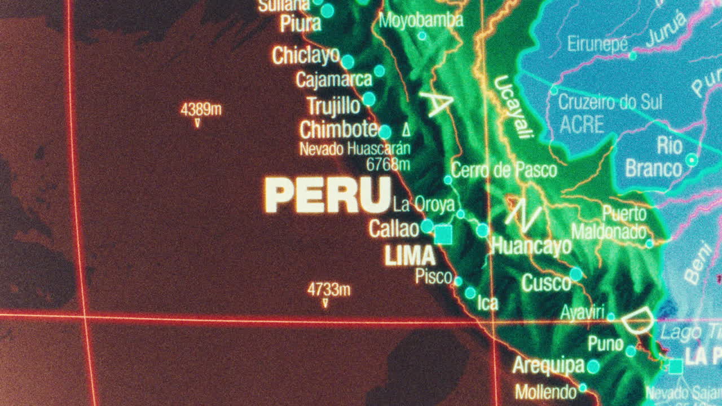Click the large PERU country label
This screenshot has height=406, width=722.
tap(328, 195)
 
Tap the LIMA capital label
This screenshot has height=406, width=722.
tap(410, 257)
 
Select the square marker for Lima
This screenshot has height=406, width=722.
tap(443, 235)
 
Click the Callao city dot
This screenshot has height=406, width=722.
tap(427, 226)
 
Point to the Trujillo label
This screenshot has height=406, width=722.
tap(333, 105)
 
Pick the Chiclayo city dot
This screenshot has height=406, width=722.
tap(348, 61)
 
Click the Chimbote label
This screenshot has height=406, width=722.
tap(338, 130)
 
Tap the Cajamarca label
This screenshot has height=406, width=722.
tap(334, 80)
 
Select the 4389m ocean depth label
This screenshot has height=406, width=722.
tap(201, 109)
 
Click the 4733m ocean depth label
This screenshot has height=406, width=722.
tap(328, 290)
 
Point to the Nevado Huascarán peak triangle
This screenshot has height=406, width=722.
tap(406, 130)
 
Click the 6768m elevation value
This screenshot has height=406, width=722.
tap(388, 164)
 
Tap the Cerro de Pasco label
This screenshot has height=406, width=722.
tap(504, 170)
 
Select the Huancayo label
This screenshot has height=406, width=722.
tap(531, 246)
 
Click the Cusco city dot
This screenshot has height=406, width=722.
tap(576, 274)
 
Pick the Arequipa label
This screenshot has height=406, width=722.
tap(548, 365)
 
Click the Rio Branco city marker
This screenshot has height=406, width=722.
tap(692, 160)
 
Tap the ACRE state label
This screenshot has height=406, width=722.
tap(582, 124)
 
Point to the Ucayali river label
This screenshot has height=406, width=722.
tap(513, 107)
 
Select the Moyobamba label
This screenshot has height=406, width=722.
tap(421, 21)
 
